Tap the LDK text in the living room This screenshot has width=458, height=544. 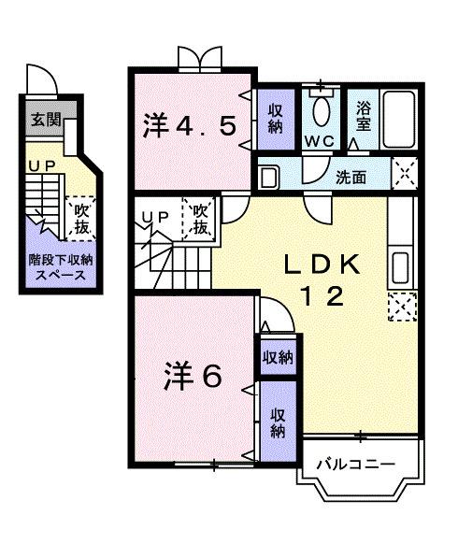click(321, 265)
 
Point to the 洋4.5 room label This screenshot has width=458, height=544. click(196, 126)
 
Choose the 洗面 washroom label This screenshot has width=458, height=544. click(351, 175)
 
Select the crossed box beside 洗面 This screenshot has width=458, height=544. click(404, 174)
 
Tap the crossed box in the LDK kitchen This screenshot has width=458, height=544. click(403, 306)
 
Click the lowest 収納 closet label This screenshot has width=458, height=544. click(278, 422)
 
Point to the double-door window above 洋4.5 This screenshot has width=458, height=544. click(200, 59)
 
